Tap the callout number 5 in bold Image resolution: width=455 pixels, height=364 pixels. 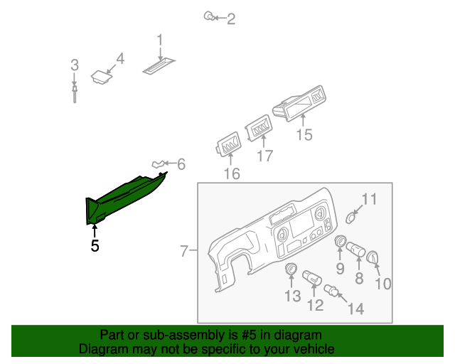(x=95, y=247)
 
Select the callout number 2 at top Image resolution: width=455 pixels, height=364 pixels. (x=231, y=19)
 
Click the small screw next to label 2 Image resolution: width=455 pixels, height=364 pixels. (x=209, y=16)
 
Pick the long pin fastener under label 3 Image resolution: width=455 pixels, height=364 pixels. (x=75, y=93)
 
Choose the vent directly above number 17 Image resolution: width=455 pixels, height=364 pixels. (x=259, y=130)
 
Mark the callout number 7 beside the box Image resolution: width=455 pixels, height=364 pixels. (x=183, y=251)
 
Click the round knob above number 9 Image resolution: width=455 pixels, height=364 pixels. (x=340, y=243)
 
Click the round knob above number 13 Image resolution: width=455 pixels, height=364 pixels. (x=291, y=269)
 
